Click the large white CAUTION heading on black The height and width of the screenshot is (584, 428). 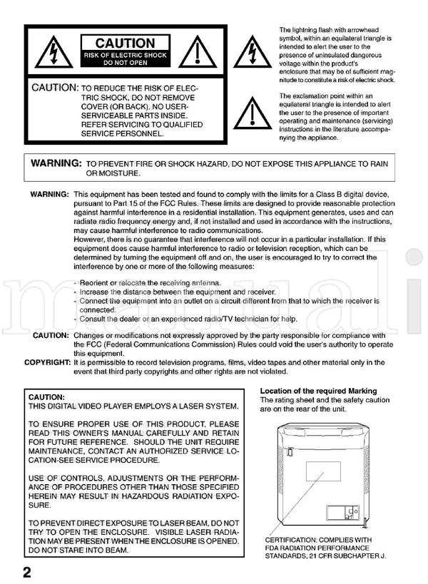[x=125, y=44]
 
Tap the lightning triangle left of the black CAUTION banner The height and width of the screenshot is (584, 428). [x=53, y=53]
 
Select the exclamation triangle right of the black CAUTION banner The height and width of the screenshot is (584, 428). [x=197, y=53]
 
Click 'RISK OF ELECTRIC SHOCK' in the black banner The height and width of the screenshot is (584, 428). [x=125, y=55]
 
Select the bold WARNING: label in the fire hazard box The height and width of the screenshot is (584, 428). [x=56, y=163]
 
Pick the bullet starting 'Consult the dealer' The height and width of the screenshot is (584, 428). [x=185, y=319]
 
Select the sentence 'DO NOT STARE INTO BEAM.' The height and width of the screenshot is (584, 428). [x=79, y=551]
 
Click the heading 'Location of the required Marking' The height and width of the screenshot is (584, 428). [x=318, y=391]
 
